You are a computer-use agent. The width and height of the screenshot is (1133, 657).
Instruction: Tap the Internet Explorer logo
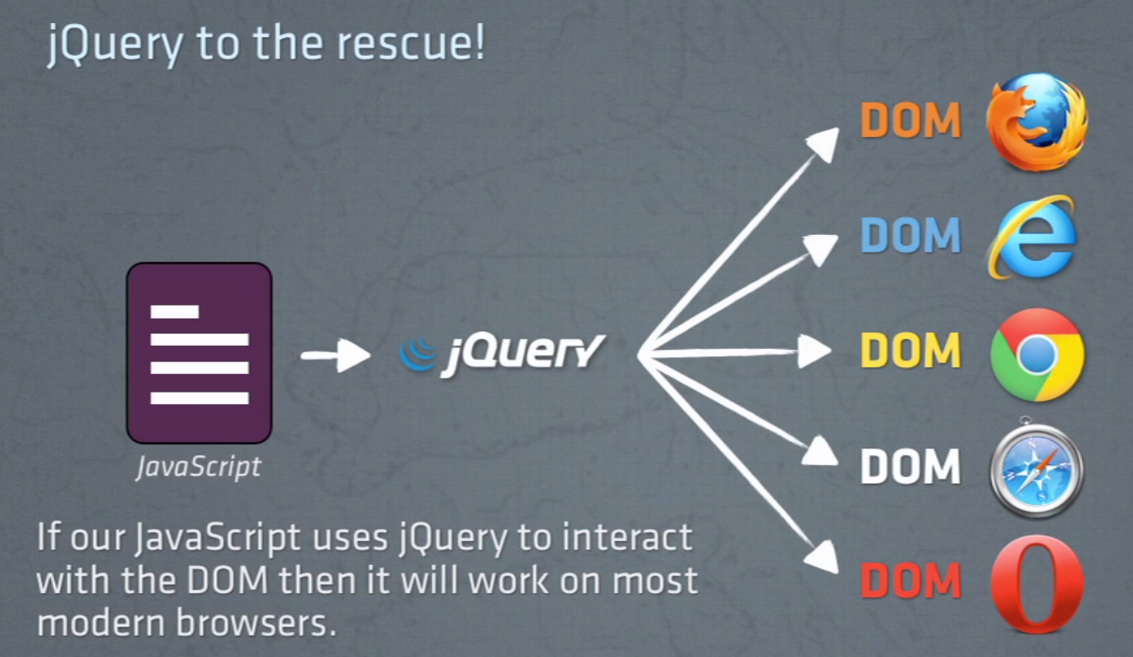(x=1033, y=236)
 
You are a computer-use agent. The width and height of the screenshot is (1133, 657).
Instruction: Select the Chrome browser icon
(x=1038, y=354)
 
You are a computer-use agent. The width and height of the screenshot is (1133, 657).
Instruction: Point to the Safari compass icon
(x=1036, y=469)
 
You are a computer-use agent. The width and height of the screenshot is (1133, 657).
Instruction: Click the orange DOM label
(x=911, y=121)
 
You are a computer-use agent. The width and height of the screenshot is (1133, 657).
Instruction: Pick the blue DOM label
(x=911, y=236)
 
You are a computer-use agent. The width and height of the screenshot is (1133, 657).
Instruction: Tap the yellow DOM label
(x=911, y=351)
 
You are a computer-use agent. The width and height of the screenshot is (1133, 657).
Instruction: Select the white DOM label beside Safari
(x=911, y=466)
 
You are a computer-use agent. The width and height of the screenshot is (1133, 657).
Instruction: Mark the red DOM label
(x=911, y=581)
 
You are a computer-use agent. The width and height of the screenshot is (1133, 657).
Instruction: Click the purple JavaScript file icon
(x=199, y=353)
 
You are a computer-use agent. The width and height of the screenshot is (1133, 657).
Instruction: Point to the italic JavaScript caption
(x=198, y=466)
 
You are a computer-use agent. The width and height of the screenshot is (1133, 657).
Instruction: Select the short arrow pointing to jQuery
(x=336, y=356)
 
